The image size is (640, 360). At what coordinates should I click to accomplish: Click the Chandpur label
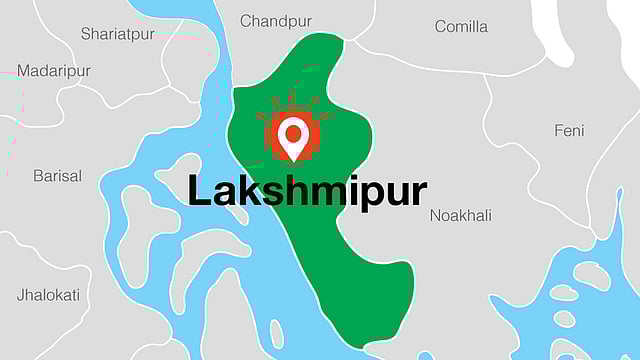(x=276, y=21)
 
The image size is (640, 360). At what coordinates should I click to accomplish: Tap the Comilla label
(x=461, y=26)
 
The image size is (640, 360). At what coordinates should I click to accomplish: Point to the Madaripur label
(x=54, y=71)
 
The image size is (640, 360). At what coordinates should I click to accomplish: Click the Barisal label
(x=57, y=176)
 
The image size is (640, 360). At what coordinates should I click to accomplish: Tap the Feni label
(x=569, y=131)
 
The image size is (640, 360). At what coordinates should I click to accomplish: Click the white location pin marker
(x=293, y=138)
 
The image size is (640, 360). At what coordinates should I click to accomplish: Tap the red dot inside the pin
(x=293, y=131)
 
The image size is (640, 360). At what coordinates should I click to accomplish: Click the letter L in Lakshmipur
(x=198, y=190)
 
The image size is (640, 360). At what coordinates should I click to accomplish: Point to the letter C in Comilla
(x=441, y=26)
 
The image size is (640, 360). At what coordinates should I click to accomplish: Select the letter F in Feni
(x=559, y=131)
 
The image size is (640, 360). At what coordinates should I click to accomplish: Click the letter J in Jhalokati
(x=21, y=295)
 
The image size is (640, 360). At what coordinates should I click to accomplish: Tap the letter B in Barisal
(x=38, y=176)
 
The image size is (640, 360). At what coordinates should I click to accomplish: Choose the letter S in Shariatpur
(x=86, y=34)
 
